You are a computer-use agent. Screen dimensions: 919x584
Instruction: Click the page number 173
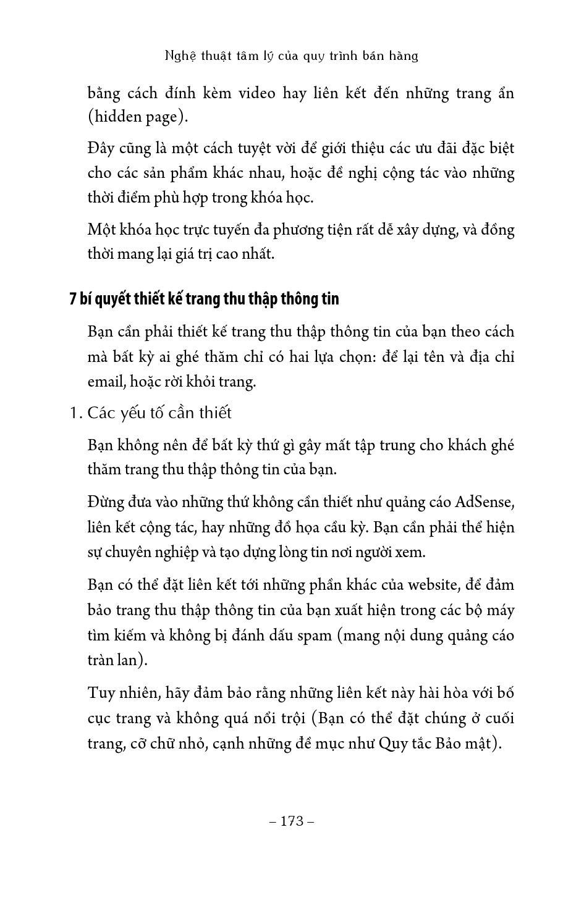[292, 821]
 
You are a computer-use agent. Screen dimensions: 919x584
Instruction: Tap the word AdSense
[485, 501]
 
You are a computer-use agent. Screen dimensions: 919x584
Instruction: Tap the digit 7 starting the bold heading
[73, 299]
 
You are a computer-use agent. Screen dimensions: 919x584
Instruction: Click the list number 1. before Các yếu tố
[76, 413]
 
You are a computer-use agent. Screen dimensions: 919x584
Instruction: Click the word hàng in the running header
[404, 56]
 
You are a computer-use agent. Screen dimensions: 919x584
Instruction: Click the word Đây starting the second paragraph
[103, 148]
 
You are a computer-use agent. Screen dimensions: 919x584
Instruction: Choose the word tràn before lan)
[103, 660]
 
